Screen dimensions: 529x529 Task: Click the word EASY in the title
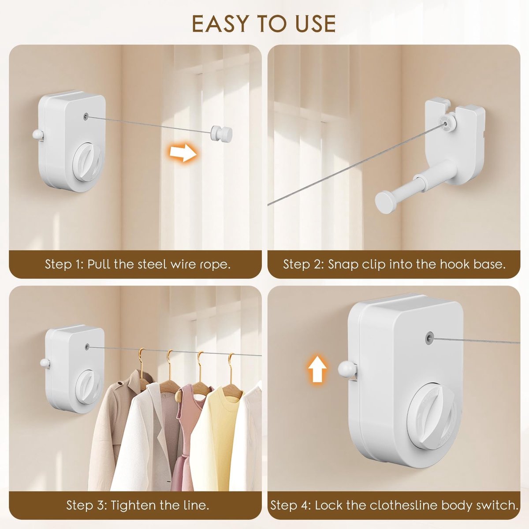[x=224, y=24]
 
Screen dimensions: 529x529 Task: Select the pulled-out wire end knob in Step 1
[x=221, y=133]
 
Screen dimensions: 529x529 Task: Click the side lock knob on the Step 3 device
[x=45, y=363]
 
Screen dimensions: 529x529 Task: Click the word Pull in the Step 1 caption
[x=99, y=264]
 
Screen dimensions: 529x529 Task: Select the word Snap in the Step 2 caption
[x=343, y=264]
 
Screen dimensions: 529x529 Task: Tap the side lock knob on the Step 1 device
[x=37, y=134]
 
